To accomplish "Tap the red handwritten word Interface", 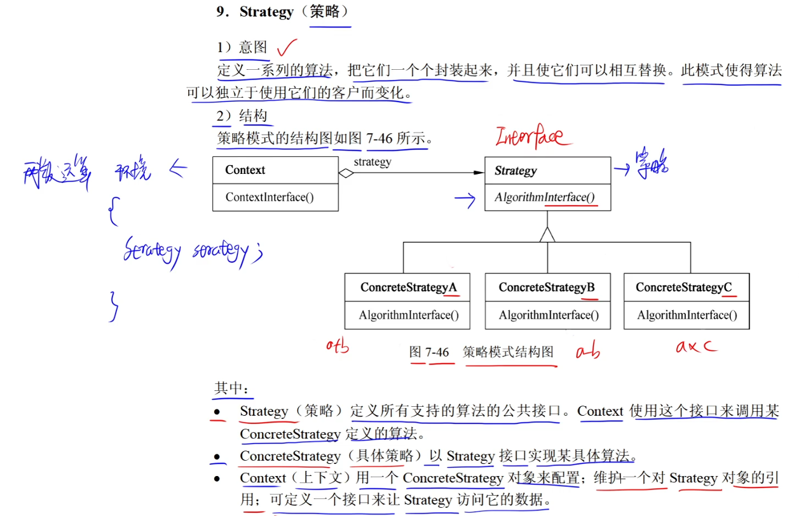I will [x=529, y=136].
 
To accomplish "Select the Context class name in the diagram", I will [x=245, y=170].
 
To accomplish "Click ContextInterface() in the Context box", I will [x=270, y=197].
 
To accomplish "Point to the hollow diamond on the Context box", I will [x=346, y=173].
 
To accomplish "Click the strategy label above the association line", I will [x=372, y=162].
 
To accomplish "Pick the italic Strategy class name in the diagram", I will [x=516, y=171].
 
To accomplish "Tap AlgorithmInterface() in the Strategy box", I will [x=545, y=197].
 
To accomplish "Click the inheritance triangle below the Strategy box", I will [x=547, y=234].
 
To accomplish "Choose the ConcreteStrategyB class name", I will [x=547, y=288].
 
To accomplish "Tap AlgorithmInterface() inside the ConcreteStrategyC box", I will [x=687, y=315].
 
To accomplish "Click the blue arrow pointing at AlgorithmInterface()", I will [x=465, y=201].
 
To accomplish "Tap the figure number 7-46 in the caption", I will [x=437, y=352].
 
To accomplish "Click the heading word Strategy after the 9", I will [x=266, y=12].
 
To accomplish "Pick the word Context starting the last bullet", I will [x=263, y=478].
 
